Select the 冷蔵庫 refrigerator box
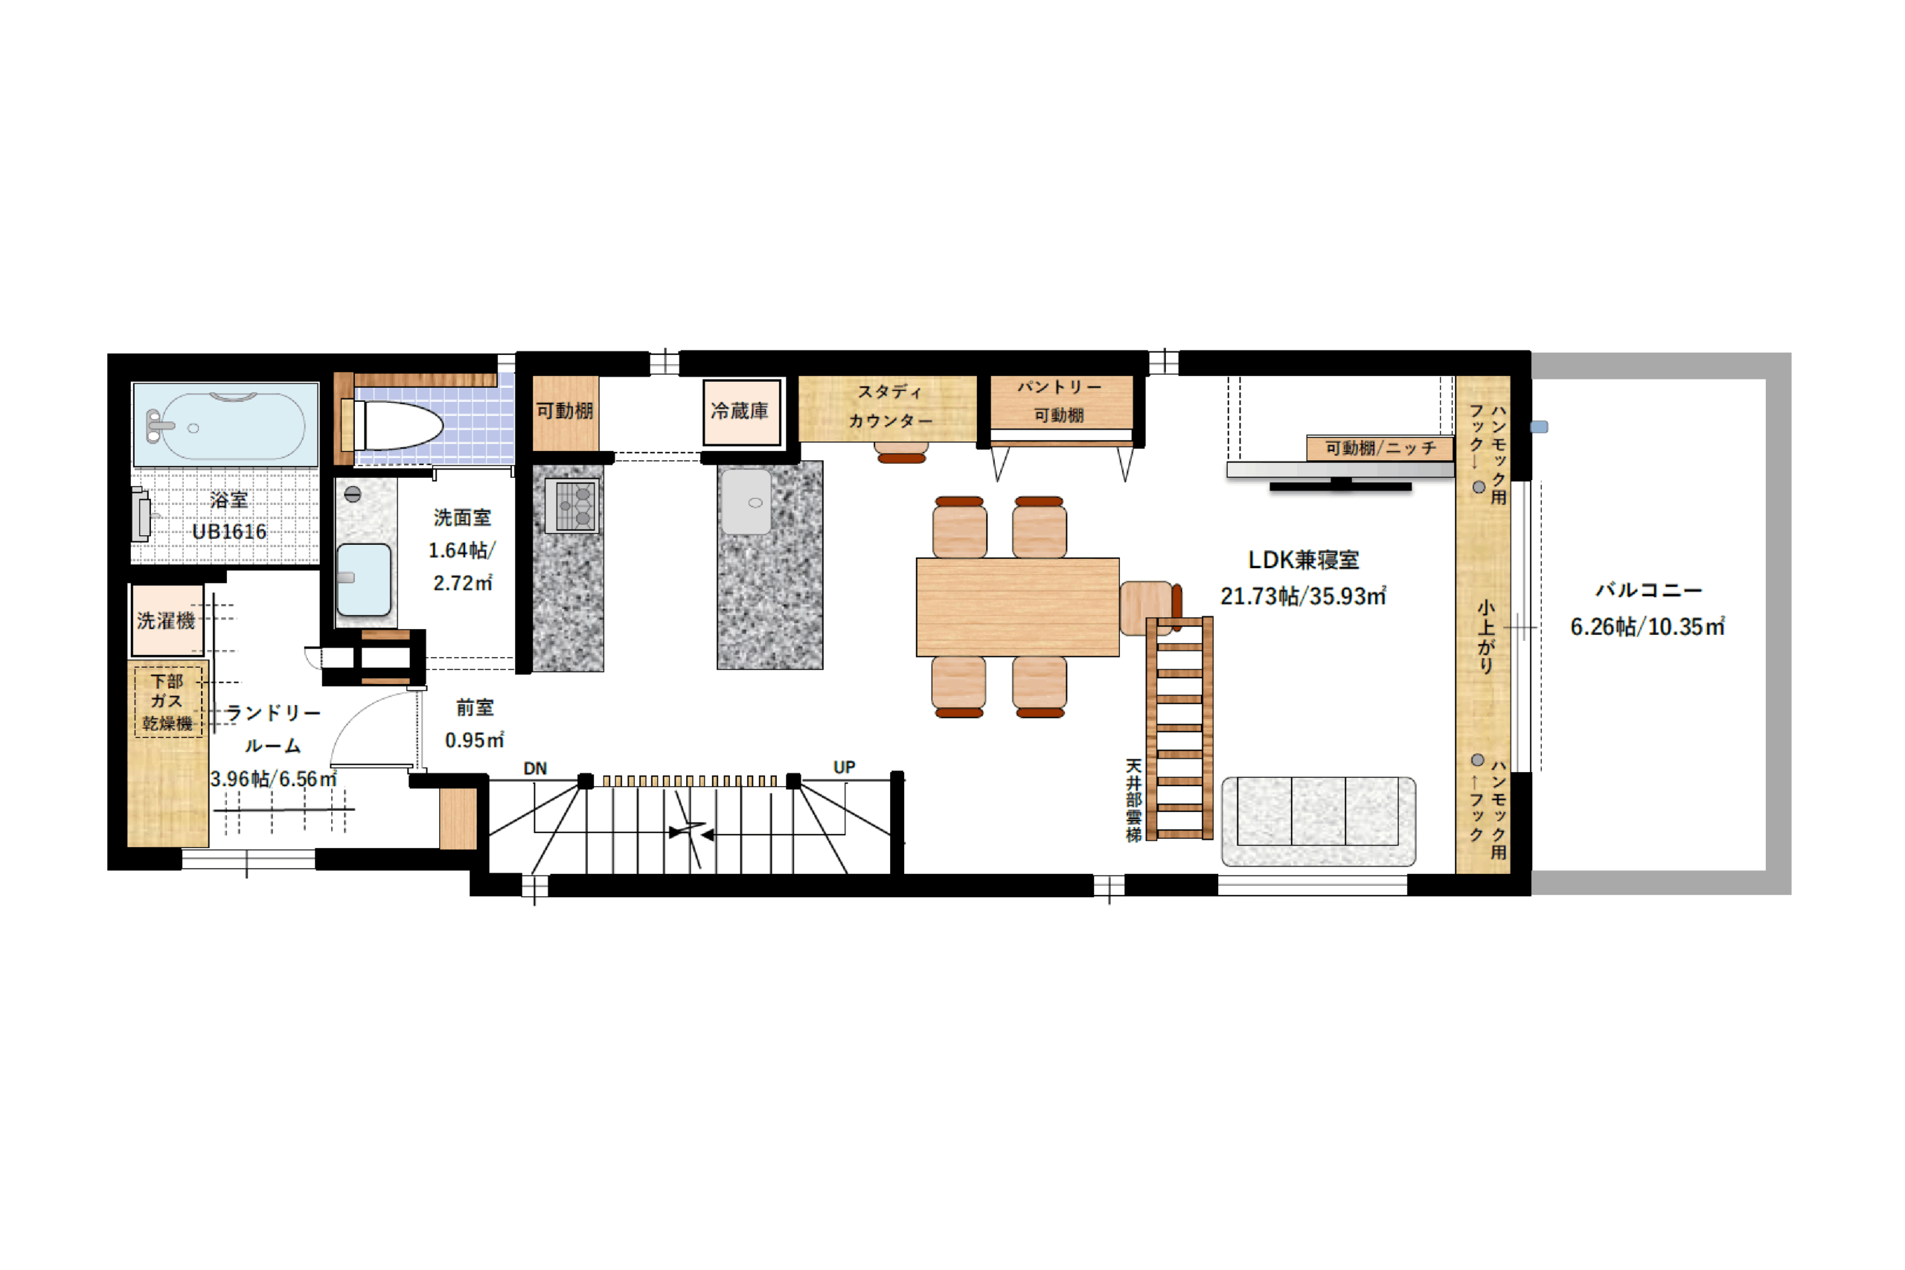(740, 412)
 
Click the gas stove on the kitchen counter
(571, 505)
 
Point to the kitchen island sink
(746, 502)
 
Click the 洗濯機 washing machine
(167, 620)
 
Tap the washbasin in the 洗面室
(363, 580)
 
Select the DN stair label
(535, 768)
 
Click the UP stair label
(844, 766)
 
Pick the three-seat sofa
(1318, 820)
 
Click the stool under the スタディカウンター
(901, 453)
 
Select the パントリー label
(1059, 387)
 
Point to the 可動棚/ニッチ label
(1380, 448)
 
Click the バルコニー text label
(1648, 590)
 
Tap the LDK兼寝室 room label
(1303, 560)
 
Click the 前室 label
(475, 707)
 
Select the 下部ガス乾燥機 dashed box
(167, 701)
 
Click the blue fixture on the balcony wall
(1539, 427)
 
